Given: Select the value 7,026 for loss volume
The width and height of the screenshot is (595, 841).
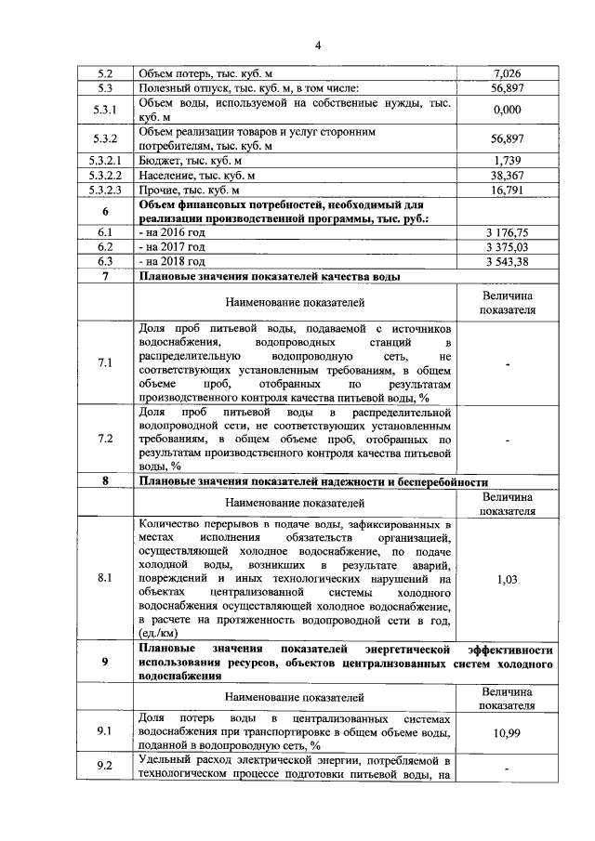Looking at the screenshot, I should [507, 73].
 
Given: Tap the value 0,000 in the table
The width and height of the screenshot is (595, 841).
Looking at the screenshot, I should [507, 111].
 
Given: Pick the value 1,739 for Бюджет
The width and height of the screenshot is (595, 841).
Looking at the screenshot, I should [507, 161].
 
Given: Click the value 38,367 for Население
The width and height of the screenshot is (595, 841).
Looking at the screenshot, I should [507, 175].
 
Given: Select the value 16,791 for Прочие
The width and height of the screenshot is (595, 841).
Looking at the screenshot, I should [507, 190].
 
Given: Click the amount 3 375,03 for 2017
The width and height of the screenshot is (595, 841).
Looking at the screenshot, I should [507, 247].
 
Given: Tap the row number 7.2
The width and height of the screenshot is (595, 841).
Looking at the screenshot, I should [105, 438].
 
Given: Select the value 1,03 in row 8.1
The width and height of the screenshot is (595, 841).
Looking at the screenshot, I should [507, 578].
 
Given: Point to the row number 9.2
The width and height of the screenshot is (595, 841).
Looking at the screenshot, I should [105, 768].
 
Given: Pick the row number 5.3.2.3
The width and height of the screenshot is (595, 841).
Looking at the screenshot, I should [105, 190].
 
